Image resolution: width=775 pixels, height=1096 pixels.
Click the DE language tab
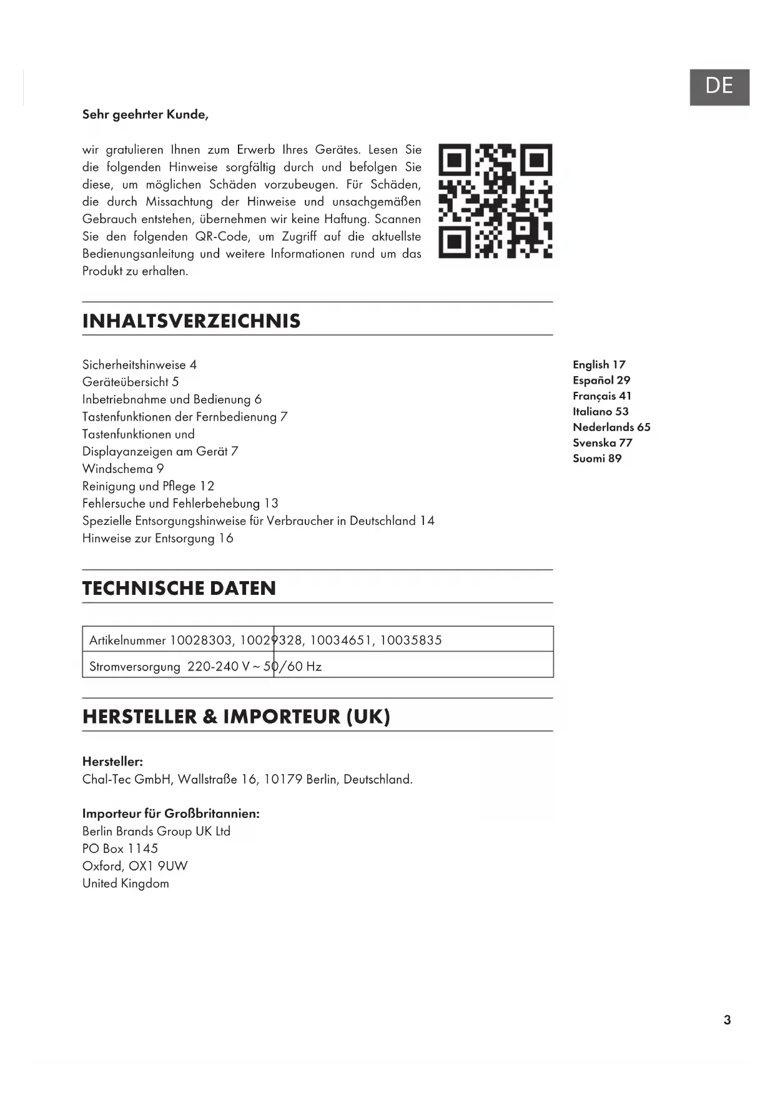[719, 87]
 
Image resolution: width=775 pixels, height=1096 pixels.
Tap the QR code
[495, 201]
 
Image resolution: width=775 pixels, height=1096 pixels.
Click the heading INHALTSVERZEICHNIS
[191, 321]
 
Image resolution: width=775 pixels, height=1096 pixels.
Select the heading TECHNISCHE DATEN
[179, 588]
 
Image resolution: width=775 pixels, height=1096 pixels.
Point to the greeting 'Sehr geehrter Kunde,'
[145, 114]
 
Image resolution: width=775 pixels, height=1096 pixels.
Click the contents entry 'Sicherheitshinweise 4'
[139, 364]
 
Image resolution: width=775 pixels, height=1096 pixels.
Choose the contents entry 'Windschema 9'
[123, 469]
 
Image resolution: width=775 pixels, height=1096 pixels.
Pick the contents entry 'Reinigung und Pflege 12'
[148, 486]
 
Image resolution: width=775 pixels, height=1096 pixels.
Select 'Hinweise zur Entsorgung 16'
[157, 538]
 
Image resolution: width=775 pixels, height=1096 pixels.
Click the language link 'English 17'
[599, 364]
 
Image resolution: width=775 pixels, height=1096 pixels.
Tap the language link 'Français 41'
[602, 396]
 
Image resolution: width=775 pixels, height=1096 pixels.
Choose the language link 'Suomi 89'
[597, 458]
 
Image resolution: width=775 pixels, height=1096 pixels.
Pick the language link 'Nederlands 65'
[611, 427]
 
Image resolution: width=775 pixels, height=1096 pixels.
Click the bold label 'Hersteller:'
[112, 761]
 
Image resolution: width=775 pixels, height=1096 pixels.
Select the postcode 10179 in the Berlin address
[283, 779]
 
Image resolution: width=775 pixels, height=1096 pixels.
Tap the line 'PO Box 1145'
[120, 849]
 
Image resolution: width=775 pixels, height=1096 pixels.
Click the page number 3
[727, 1020]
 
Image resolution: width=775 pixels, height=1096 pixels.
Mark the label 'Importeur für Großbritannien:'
[170, 814]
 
